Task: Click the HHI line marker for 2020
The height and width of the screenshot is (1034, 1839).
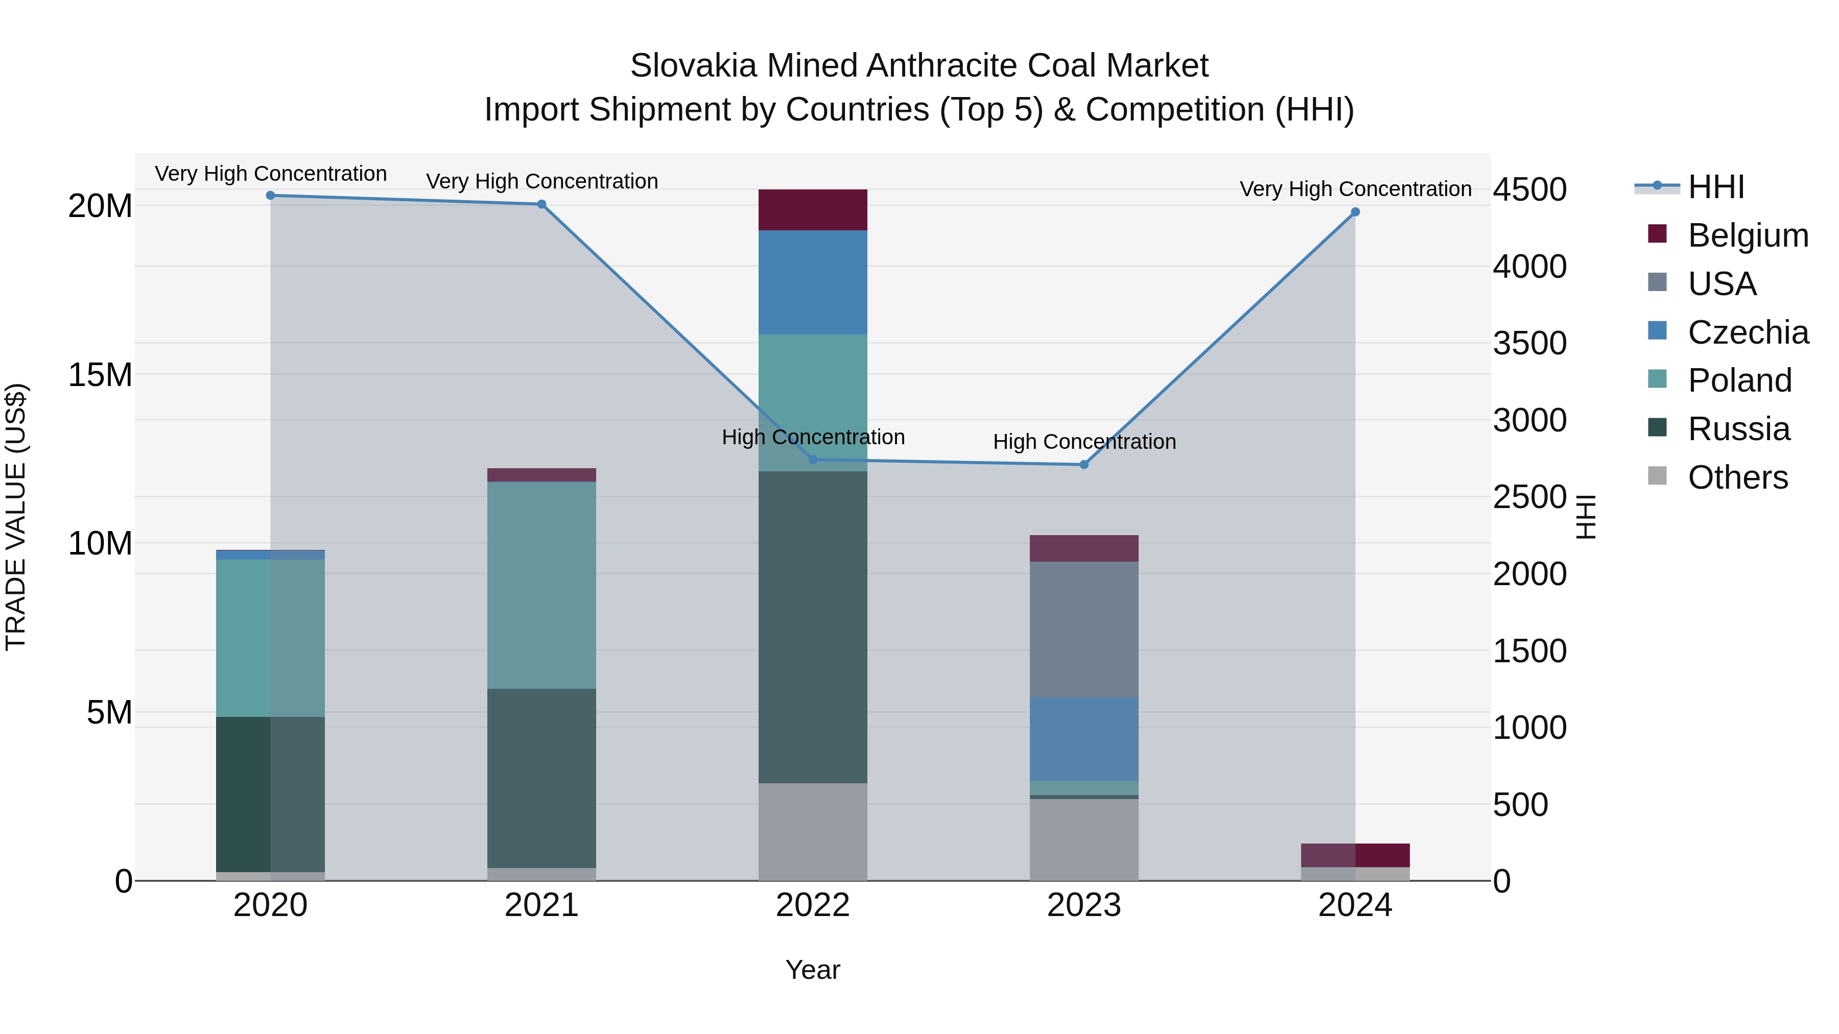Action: click(271, 196)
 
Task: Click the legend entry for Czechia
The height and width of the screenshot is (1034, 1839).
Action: click(1748, 332)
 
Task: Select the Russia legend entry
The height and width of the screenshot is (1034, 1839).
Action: click(1738, 429)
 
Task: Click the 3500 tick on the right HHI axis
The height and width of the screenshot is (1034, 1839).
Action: click(1530, 343)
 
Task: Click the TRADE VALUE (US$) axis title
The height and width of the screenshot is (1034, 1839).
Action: click(16, 517)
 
